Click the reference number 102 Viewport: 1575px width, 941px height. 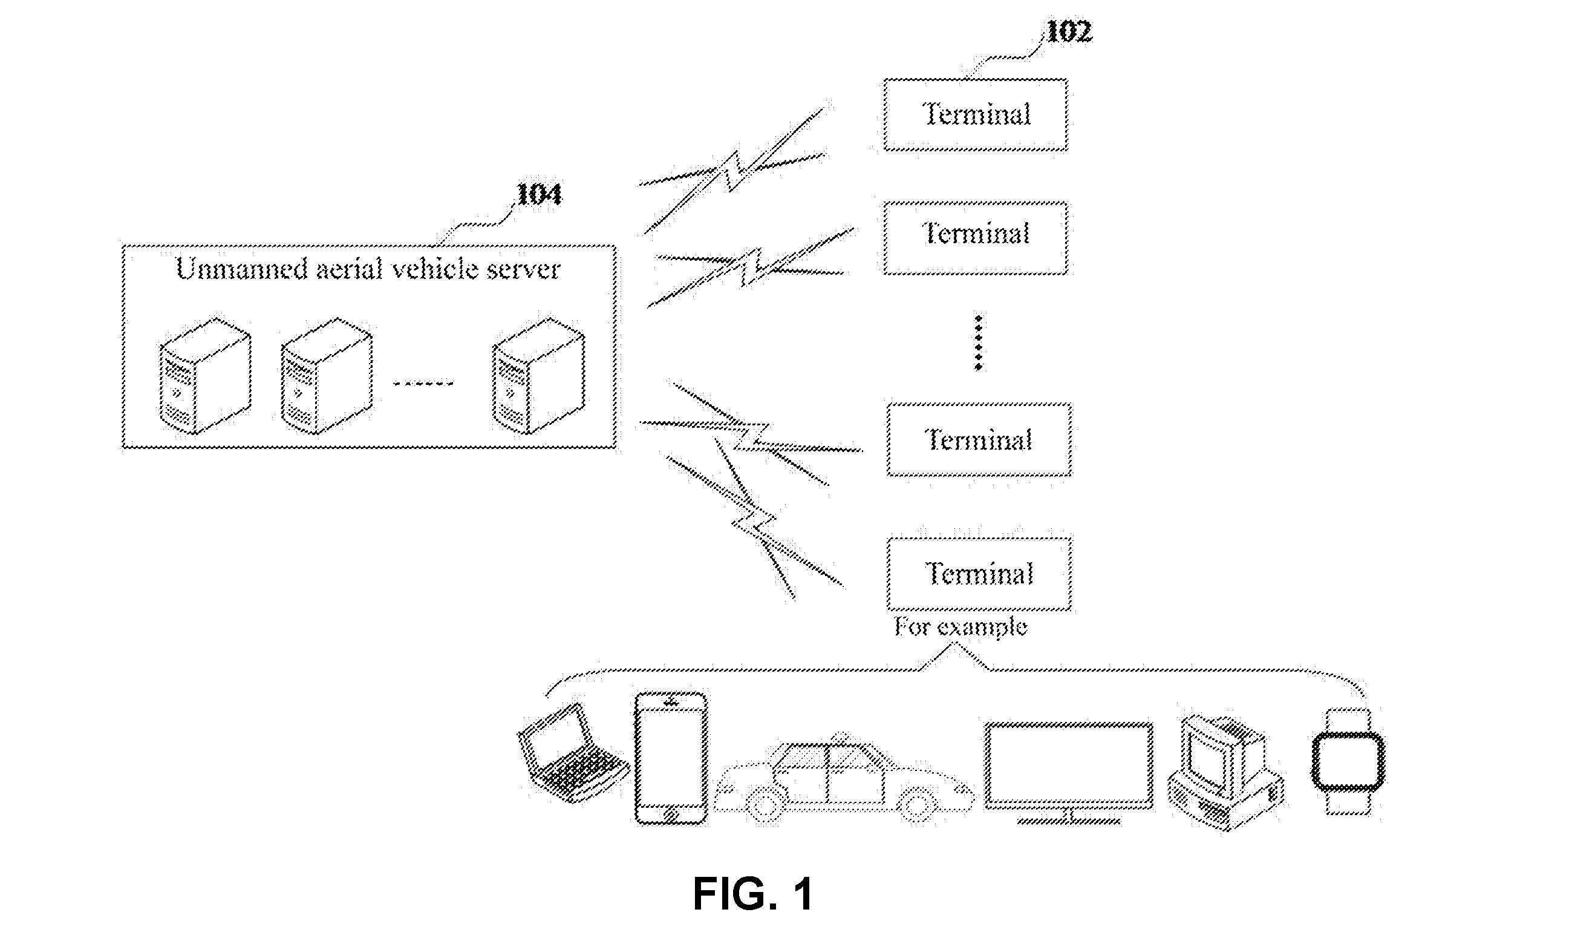(x=1069, y=31)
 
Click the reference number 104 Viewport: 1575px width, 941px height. (x=539, y=194)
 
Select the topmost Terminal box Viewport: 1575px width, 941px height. (x=976, y=115)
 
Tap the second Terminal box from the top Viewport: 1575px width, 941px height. (x=976, y=238)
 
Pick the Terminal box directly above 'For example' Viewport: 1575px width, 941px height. (x=979, y=574)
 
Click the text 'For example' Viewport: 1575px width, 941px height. (x=960, y=627)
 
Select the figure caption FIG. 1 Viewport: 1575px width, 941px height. (x=752, y=893)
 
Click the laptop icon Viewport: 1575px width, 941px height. (x=572, y=753)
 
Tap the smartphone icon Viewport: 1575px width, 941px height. (x=671, y=758)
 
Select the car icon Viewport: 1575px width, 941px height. (x=844, y=778)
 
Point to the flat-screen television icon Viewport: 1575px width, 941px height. (x=1069, y=772)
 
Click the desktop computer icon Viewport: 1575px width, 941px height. (x=1225, y=772)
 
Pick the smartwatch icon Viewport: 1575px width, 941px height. (x=1348, y=761)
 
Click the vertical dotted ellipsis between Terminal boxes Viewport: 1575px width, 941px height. (x=978, y=343)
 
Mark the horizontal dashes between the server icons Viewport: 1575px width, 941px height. (x=423, y=383)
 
